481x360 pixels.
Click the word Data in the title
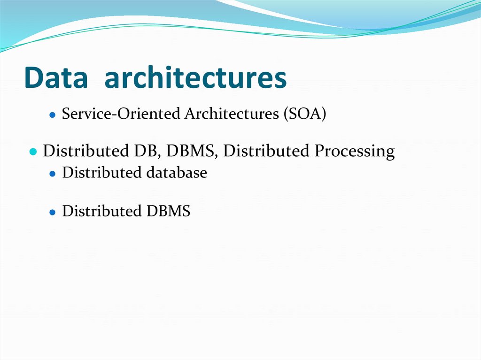pyautogui.click(x=56, y=78)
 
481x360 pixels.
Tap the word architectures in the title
pyautogui.click(x=195, y=78)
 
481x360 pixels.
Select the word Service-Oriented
pyautogui.click(x=121, y=114)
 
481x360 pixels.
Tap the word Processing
pyautogui.click(x=355, y=152)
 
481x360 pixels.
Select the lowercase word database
pyautogui.click(x=177, y=173)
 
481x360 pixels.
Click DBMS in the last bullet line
pyautogui.click(x=167, y=211)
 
